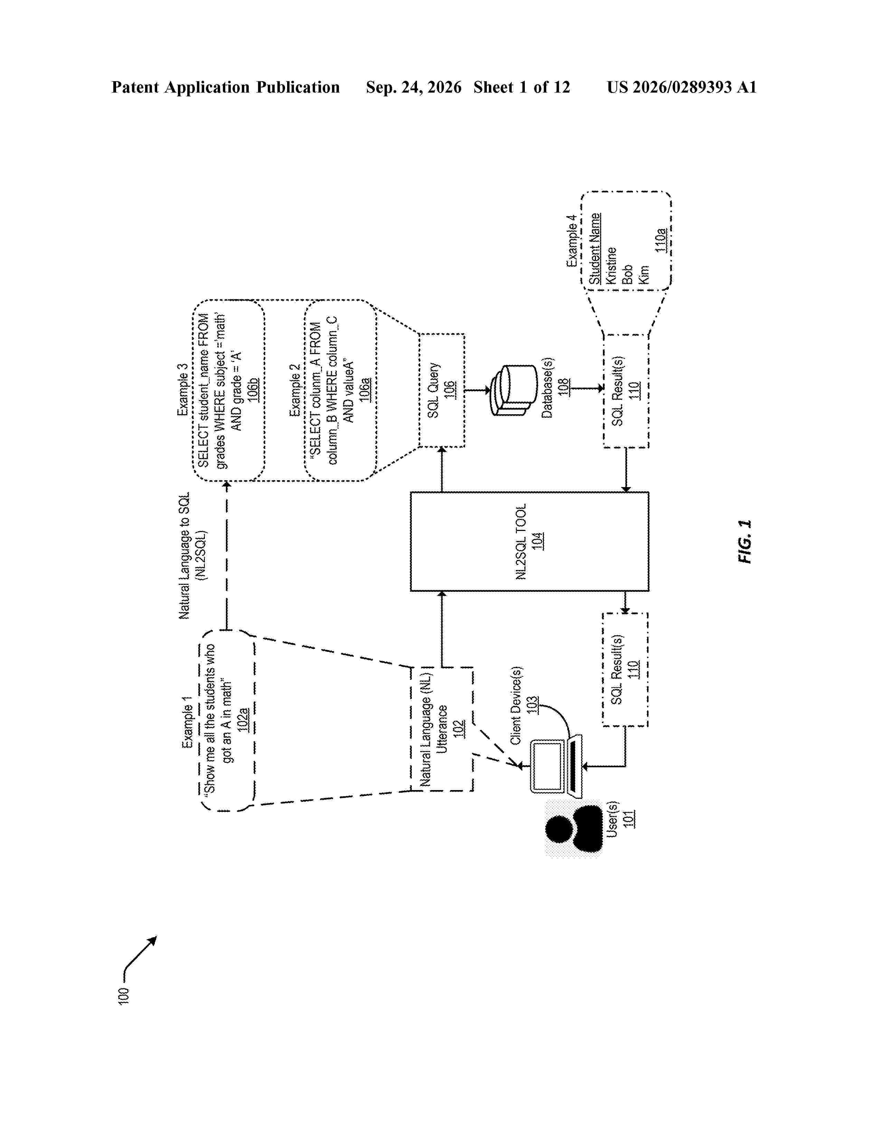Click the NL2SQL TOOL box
pyautogui.click(x=529, y=541)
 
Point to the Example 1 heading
pyautogui.click(x=187, y=722)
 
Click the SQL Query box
pyautogui.click(x=442, y=390)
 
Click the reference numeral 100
pyautogui.click(x=123, y=995)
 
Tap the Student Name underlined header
pyautogui.click(x=595, y=248)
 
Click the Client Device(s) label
pyautogui.click(x=516, y=705)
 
